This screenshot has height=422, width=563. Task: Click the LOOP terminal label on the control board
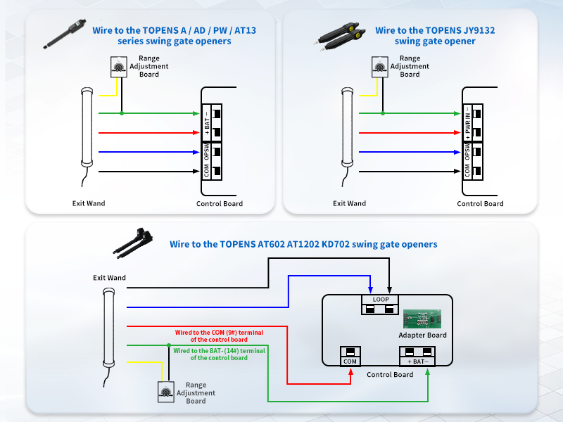380,299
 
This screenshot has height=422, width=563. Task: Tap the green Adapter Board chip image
422,319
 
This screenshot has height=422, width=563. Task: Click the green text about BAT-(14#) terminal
219,354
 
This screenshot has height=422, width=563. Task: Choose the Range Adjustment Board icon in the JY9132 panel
380,67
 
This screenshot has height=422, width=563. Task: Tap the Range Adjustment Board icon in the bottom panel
167,391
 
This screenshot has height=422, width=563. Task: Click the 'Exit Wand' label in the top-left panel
89,203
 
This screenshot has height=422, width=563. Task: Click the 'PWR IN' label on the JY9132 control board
468,123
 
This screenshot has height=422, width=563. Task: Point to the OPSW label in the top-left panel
207,151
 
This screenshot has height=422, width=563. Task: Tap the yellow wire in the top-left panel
107,94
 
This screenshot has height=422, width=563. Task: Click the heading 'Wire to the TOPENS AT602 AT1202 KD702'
303,244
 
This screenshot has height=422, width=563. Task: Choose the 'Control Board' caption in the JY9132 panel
480,204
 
